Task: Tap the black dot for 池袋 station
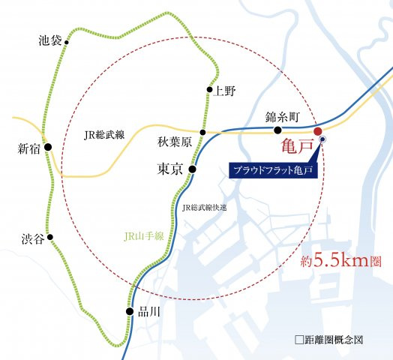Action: (x=67, y=43)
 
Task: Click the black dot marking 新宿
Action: (x=47, y=148)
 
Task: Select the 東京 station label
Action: (x=170, y=170)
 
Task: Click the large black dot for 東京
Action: (x=192, y=169)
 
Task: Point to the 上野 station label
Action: (x=224, y=91)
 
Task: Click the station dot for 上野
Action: (x=209, y=91)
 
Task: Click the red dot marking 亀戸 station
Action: (x=317, y=130)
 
